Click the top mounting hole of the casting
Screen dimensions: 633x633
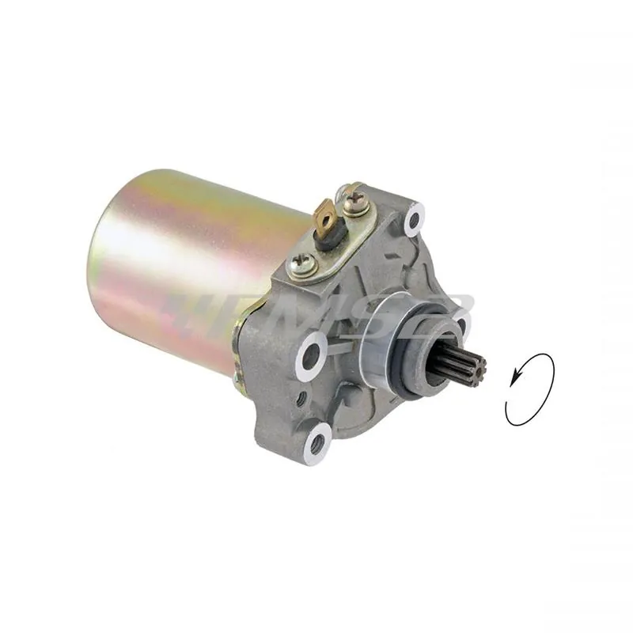412,218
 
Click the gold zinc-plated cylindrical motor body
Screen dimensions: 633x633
182,261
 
